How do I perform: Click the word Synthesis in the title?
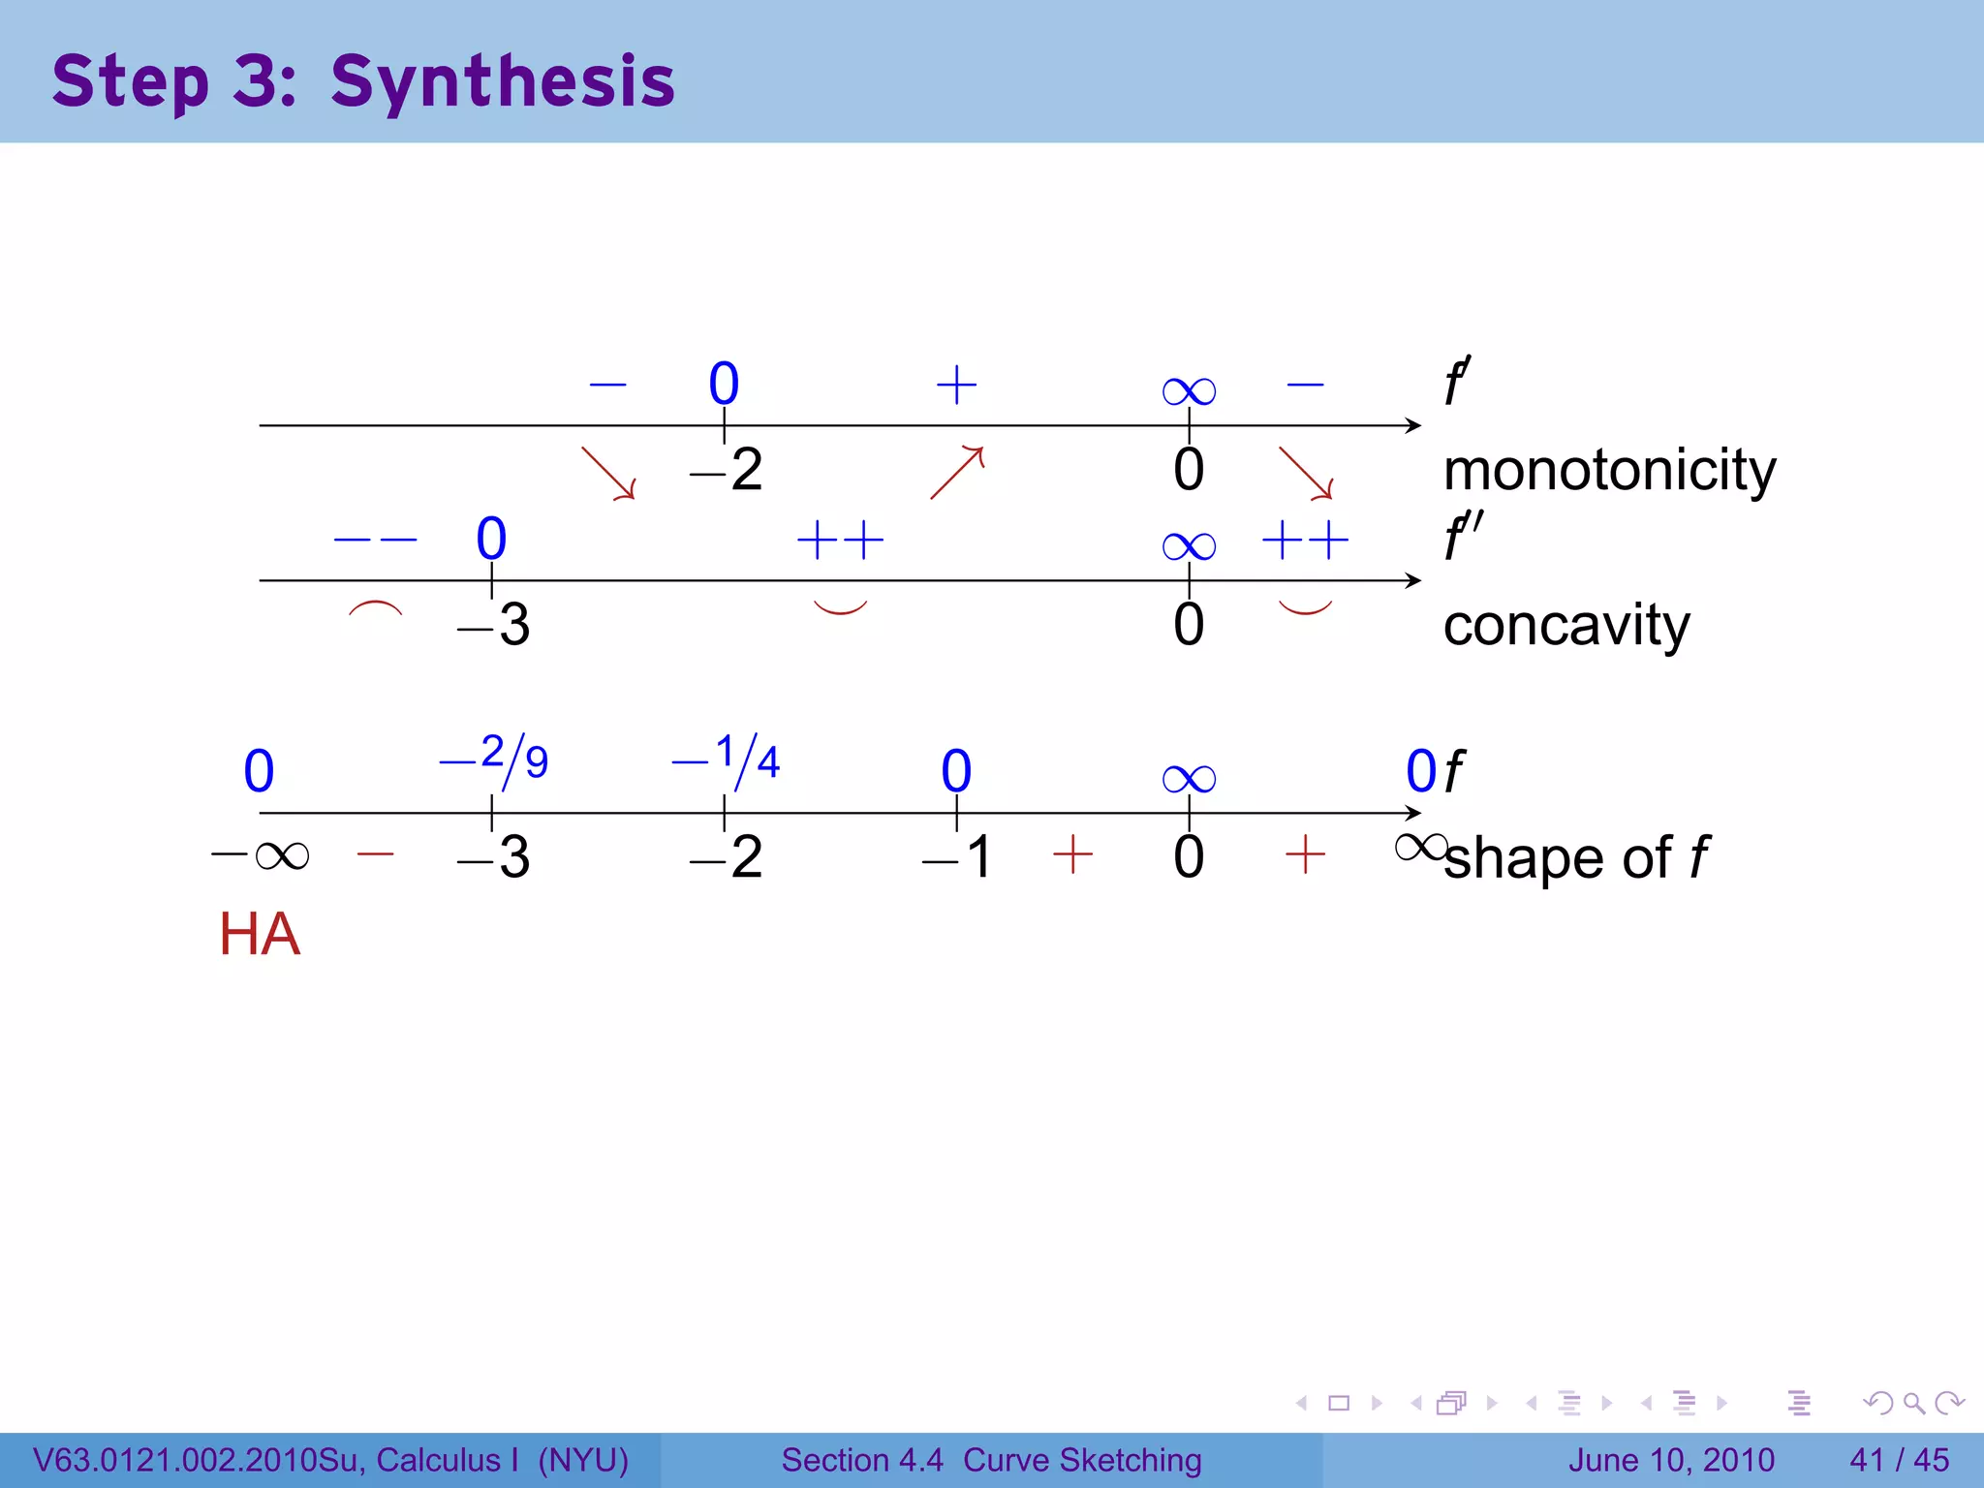(x=502, y=81)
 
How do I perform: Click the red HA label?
(x=260, y=934)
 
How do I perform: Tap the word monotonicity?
(x=1609, y=471)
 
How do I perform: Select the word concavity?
(x=1565, y=625)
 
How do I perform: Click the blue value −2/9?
(x=494, y=759)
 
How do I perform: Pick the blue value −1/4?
(x=727, y=760)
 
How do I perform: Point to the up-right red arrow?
(x=957, y=472)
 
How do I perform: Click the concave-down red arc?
(x=375, y=609)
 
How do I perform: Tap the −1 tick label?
(x=957, y=857)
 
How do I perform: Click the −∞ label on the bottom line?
(x=261, y=855)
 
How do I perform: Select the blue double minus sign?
(x=375, y=540)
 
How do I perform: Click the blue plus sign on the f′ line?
(x=956, y=385)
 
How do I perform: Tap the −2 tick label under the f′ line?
(x=727, y=471)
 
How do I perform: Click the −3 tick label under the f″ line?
(x=494, y=625)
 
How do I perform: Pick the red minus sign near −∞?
(x=375, y=854)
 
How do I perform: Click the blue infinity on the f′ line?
(x=1189, y=391)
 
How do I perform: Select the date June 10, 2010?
(x=1671, y=1460)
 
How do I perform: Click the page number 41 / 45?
(x=1899, y=1460)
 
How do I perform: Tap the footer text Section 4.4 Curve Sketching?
(x=991, y=1460)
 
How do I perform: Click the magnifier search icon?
(x=1913, y=1403)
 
